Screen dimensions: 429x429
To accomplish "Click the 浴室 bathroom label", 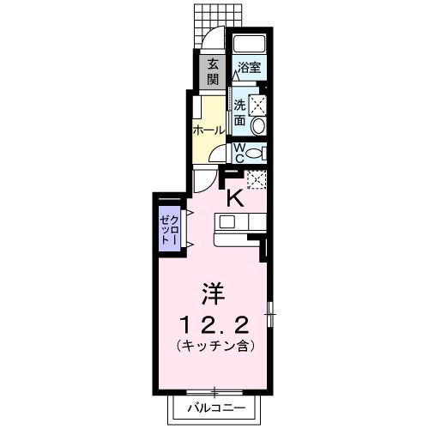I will pyautogui.click(x=250, y=66).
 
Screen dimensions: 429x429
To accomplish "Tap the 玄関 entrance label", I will pyautogui.click(x=211, y=70).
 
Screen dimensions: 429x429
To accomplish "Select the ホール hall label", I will pyautogui.click(x=208, y=130).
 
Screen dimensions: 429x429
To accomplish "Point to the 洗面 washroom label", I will pyautogui.click(x=240, y=113).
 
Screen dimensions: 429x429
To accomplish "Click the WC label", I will pyautogui.click(x=240, y=152).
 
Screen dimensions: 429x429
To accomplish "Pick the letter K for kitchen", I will pyautogui.click(x=234, y=197).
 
